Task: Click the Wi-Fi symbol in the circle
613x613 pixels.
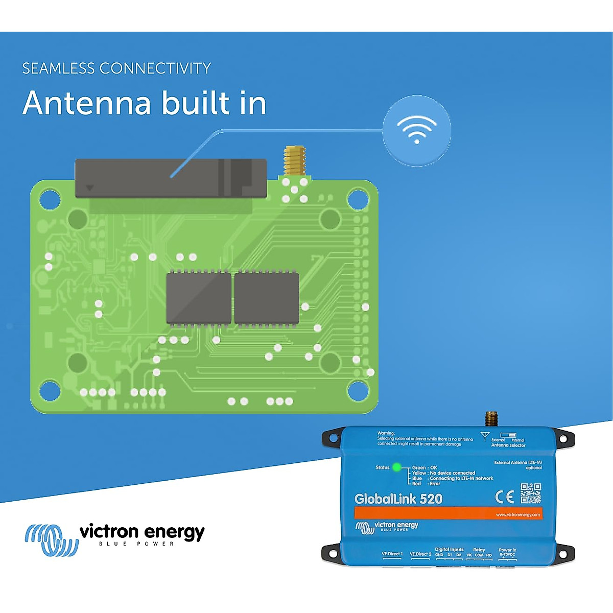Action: (417, 130)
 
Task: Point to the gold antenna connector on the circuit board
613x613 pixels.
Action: (295, 160)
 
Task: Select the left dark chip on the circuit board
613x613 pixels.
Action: (199, 298)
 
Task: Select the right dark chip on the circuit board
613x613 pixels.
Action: (266, 298)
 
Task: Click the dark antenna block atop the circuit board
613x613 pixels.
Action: (171, 178)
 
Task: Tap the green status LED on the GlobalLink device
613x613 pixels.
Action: (397, 467)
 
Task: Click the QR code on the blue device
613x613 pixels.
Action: (531, 493)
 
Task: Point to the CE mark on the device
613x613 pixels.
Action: (505, 497)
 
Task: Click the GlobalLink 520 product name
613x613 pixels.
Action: (398, 499)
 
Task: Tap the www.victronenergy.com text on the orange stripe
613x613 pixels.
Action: (517, 514)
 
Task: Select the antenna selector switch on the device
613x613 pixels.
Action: (508, 435)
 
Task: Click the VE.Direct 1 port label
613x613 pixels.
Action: (392, 554)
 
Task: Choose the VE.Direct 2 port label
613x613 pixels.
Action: (420, 554)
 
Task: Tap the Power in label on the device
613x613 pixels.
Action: (507, 550)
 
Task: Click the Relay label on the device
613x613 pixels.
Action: (479, 550)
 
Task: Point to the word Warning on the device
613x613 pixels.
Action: (386, 433)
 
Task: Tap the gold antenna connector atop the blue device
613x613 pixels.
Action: (491, 418)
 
